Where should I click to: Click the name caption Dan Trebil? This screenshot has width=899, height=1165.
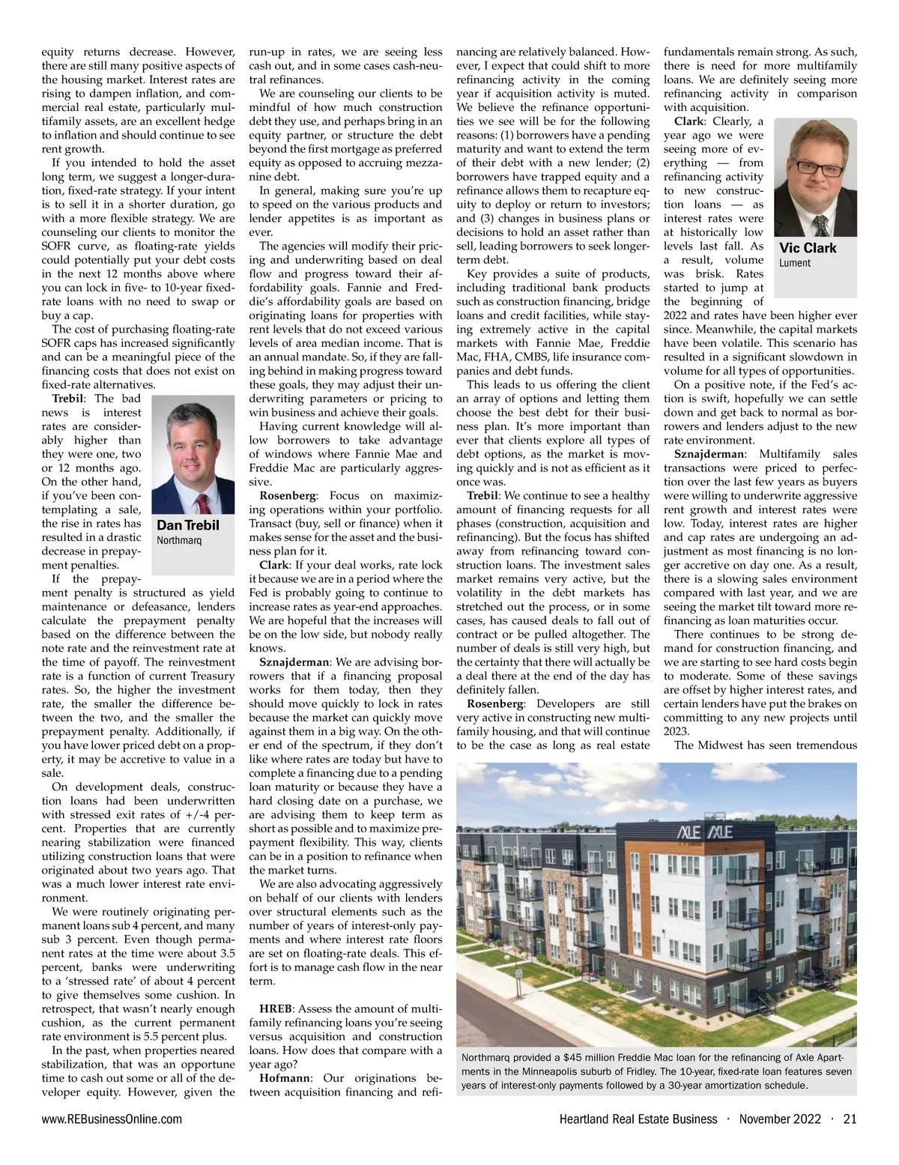188,525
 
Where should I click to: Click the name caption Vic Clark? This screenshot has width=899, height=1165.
808,248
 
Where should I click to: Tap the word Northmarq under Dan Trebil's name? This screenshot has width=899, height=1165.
179,540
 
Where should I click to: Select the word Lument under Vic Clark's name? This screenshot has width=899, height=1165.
794,263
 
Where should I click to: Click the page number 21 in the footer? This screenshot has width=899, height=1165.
850,1119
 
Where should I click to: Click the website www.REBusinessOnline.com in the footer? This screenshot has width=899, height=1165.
112,1119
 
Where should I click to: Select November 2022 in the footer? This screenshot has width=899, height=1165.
780,1119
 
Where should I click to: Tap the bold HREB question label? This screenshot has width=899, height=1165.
276,1008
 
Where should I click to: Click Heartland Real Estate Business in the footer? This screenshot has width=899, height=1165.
638,1119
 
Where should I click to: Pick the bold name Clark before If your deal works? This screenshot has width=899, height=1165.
273,565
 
